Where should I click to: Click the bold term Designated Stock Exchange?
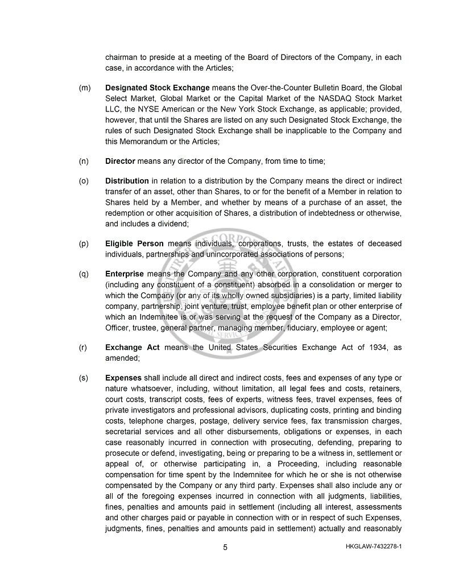point(158,88)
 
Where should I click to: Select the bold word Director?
point(120,161)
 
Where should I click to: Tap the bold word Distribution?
point(127,181)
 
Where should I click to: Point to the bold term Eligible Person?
point(134,243)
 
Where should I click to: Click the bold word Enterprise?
point(125,274)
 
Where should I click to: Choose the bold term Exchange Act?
point(133,347)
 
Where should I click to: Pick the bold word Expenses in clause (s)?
point(123,378)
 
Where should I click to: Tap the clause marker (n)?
point(84,161)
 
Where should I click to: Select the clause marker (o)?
point(84,181)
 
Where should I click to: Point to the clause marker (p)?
point(84,243)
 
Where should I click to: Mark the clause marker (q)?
point(84,274)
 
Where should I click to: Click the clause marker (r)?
point(83,347)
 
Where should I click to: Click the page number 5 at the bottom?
point(225,547)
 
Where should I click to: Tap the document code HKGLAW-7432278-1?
point(373,547)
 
